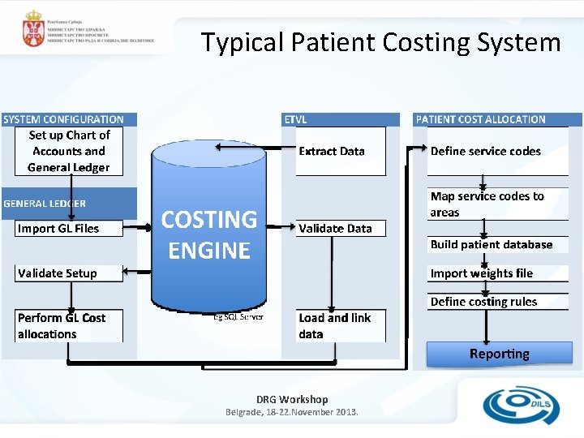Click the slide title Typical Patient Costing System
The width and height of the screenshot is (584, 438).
tap(380, 42)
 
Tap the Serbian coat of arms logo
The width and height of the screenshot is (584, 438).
tap(33, 28)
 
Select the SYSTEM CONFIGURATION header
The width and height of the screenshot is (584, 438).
tap(64, 119)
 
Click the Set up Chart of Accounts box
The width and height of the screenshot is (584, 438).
tap(69, 151)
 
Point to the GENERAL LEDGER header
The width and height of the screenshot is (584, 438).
tap(45, 204)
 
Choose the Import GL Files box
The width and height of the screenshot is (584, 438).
tap(69, 229)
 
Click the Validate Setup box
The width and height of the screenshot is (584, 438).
tap(69, 273)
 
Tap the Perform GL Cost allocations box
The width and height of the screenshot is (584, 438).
tap(69, 326)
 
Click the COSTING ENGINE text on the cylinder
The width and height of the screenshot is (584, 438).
tap(209, 234)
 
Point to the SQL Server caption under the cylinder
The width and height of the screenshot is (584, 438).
tap(238, 316)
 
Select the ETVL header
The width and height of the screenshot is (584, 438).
tap(295, 119)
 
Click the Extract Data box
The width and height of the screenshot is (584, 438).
tap(340, 151)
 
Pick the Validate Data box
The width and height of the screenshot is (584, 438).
tap(340, 229)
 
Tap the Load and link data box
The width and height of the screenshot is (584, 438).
tap(340, 326)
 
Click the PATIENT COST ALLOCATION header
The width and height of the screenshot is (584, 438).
tap(481, 119)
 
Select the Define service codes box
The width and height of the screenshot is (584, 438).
tap(498, 151)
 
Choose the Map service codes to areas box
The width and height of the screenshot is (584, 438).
tap(498, 204)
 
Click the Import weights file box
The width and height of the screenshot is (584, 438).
tap(498, 273)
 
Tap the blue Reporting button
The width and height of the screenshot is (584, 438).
tap(500, 354)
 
